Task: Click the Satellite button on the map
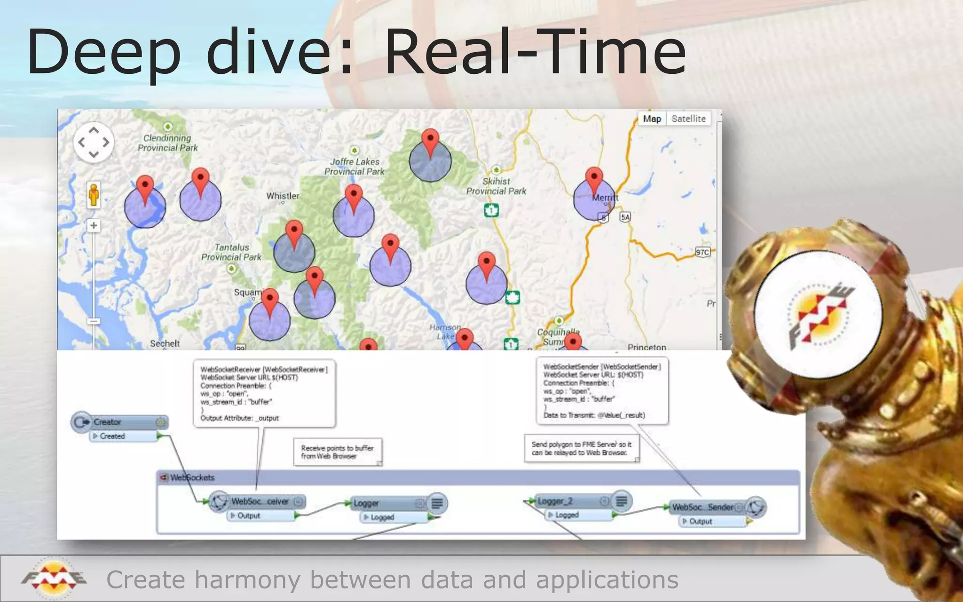coord(688,119)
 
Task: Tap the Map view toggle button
coord(652,119)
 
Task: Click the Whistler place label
coord(283,196)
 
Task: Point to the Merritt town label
coord(605,198)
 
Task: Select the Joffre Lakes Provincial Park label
coord(355,166)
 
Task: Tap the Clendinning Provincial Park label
coord(168,143)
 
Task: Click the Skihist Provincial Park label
coord(496,186)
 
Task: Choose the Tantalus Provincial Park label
coord(231,252)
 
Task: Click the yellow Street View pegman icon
coord(94,195)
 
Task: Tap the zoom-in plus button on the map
coord(94,226)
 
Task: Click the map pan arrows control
coord(94,142)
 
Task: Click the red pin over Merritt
coord(594,179)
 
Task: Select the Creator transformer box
coord(120,422)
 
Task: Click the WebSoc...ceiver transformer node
coord(260,501)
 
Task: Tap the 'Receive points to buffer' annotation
coord(337,452)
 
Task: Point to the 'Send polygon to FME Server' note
coord(582,448)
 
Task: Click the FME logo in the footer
coord(54,578)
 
